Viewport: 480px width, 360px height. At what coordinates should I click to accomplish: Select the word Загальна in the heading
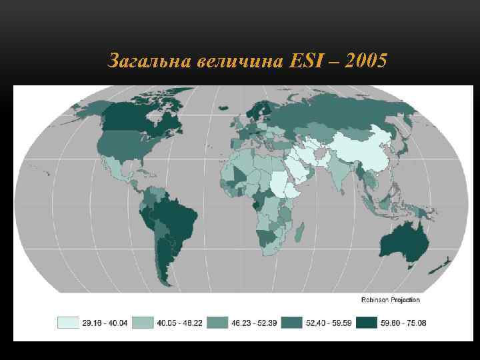coord(150,62)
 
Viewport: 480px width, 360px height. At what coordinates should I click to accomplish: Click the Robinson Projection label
coord(390,299)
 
